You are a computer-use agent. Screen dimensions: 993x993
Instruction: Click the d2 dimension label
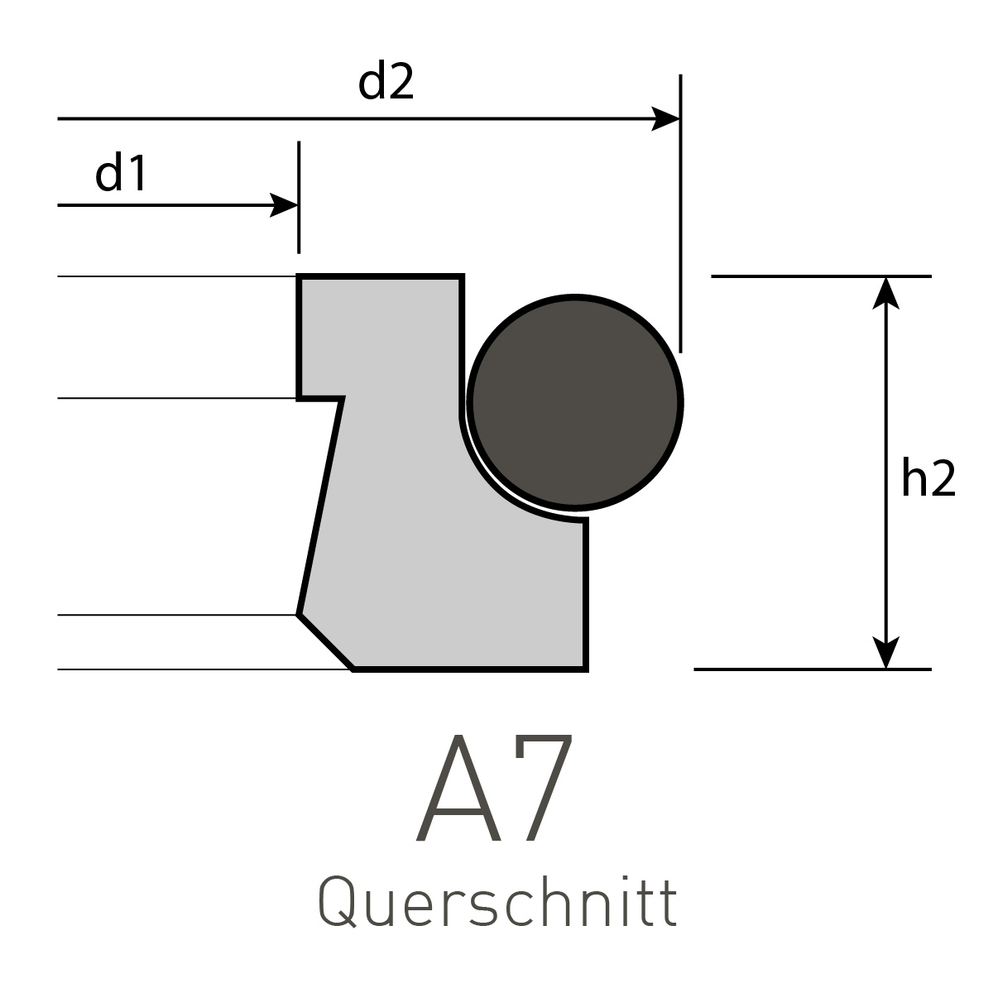[x=386, y=84]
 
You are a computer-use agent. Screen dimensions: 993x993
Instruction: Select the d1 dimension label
[x=121, y=174]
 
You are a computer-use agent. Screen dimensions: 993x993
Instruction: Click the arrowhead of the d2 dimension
[x=667, y=119]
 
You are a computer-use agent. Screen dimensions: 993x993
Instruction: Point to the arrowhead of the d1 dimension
[x=285, y=204]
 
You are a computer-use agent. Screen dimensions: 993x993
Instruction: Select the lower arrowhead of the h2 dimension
[x=886, y=655]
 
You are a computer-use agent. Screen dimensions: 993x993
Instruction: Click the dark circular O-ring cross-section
[x=575, y=402]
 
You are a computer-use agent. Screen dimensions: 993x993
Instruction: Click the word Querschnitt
[x=497, y=904]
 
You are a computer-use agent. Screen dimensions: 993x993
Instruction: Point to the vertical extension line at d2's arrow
[x=680, y=248]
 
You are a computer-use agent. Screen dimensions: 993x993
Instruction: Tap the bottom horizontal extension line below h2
[x=811, y=669]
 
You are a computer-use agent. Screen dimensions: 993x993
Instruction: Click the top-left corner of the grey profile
[x=300, y=277]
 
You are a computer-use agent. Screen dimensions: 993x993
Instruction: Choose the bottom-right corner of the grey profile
[x=585, y=667]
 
